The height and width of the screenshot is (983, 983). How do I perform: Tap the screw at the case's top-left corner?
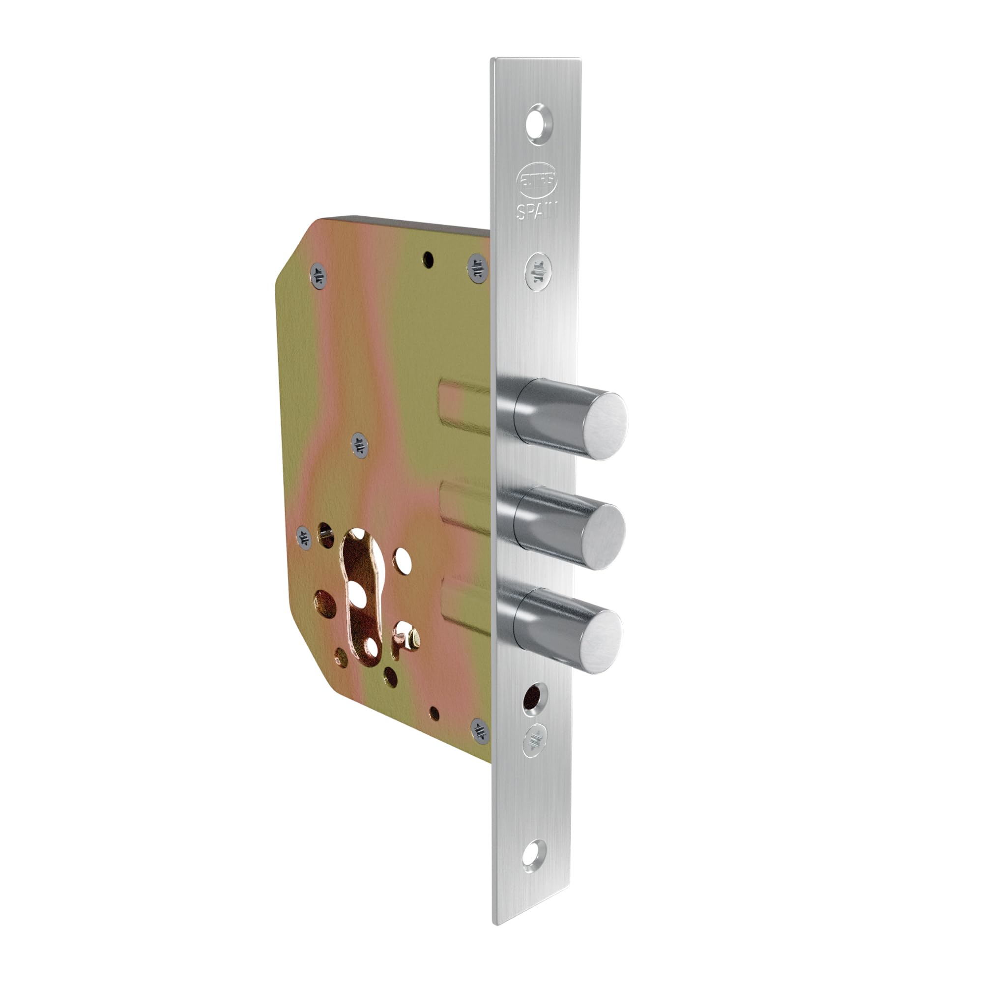pyautogui.click(x=318, y=275)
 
